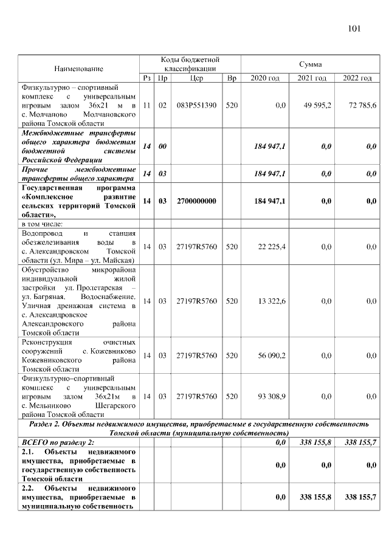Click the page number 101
tap(354, 29)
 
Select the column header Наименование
tap(78, 69)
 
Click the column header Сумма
tap(310, 64)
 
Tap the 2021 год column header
tap(311, 78)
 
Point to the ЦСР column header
tap(196, 78)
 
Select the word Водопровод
tap(43, 233)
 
